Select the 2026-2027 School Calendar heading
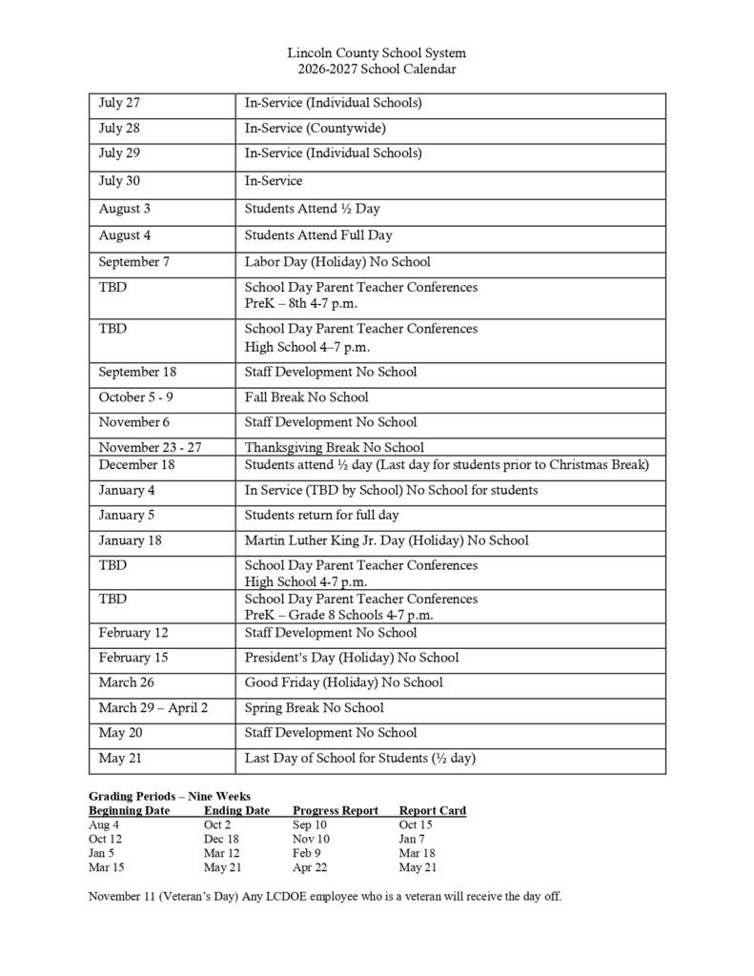click(377, 69)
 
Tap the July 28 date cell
click(119, 128)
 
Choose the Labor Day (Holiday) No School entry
click(337, 261)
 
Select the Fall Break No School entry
click(306, 396)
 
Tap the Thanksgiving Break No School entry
click(334, 447)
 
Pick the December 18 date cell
click(133, 465)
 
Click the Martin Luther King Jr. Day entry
click(386, 540)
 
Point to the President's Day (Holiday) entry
click(351, 658)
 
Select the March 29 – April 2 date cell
click(153, 708)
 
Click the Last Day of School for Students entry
click(359, 759)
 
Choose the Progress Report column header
click(336, 811)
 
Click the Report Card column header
click(432, 811)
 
